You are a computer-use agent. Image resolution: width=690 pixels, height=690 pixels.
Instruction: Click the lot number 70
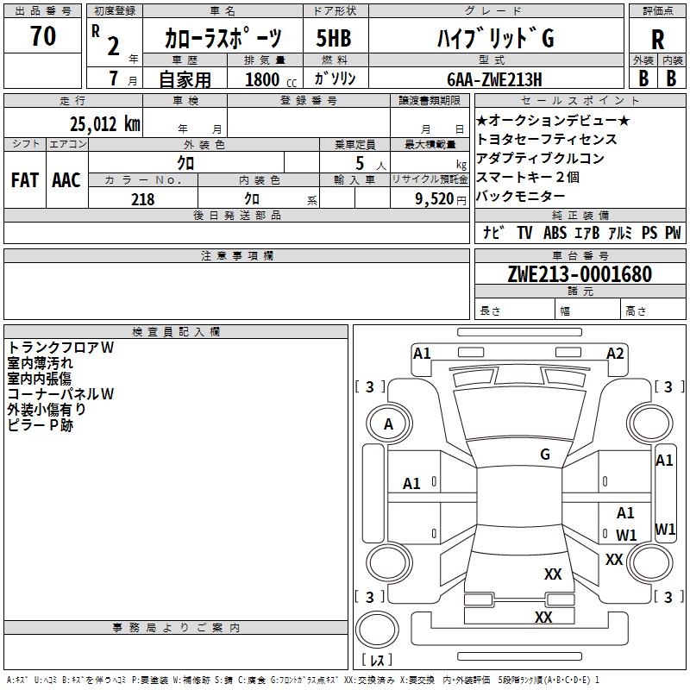[42, 37]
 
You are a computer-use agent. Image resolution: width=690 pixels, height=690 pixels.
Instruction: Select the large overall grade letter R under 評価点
[657, 40]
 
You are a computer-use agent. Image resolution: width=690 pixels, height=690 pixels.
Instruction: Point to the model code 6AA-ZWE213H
[494, 79]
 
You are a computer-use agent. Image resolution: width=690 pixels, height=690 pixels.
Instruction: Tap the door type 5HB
[333, 39]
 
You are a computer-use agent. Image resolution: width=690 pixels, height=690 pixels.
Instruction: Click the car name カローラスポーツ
[223, 39]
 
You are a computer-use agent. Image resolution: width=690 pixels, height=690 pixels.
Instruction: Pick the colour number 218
[142, 199]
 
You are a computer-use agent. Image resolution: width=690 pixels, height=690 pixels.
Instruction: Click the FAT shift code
[24, 180]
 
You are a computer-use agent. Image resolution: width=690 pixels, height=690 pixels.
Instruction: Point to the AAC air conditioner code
[66, 180]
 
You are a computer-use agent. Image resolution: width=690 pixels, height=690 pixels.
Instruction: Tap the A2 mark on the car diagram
[615, 353]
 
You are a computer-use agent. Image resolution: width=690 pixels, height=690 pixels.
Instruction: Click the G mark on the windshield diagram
[544, 455]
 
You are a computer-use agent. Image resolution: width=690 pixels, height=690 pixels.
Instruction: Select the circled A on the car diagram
[388, 424]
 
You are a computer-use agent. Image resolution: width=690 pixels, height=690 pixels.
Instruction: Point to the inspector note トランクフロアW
[61, 348]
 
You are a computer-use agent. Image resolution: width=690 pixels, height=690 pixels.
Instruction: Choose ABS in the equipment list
[555, 233]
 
